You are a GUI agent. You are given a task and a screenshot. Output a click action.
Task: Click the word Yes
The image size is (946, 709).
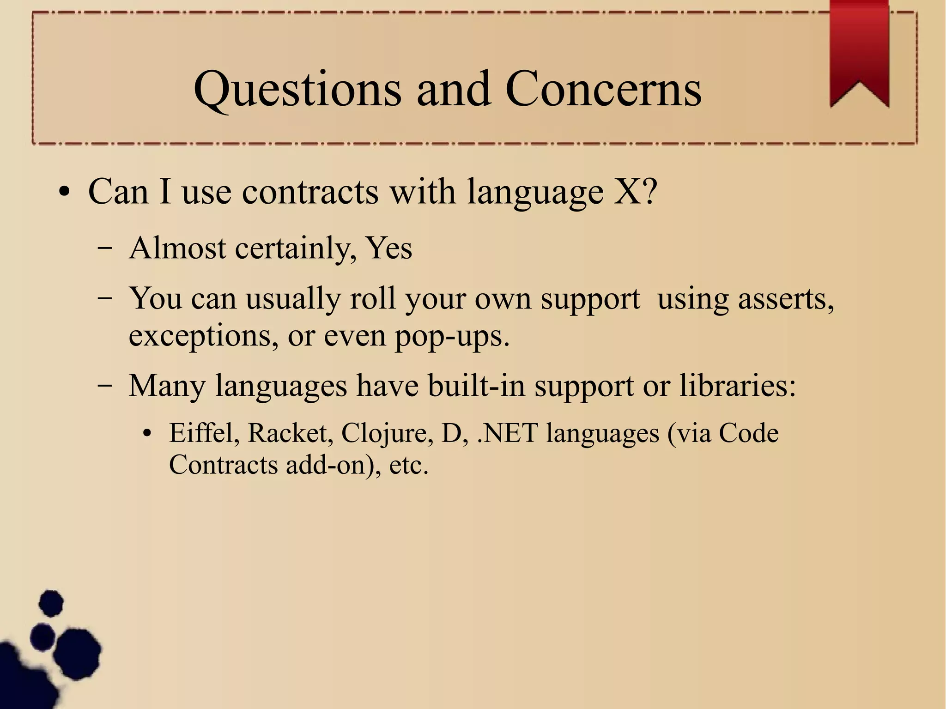tap(388, 248)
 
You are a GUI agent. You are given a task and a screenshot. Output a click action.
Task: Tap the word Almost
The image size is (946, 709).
tap(177, 248)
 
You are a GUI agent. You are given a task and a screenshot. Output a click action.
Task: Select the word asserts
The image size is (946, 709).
tap(785, 299)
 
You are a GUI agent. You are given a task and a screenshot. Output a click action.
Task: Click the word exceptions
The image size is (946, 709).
tap(203, 337)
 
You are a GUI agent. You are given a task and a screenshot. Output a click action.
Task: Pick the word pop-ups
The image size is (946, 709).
tap(452, 337)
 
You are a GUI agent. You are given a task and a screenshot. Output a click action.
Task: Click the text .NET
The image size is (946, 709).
tap(507, 433)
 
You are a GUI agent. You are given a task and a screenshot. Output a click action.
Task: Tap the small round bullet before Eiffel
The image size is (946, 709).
tap(147, 434)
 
